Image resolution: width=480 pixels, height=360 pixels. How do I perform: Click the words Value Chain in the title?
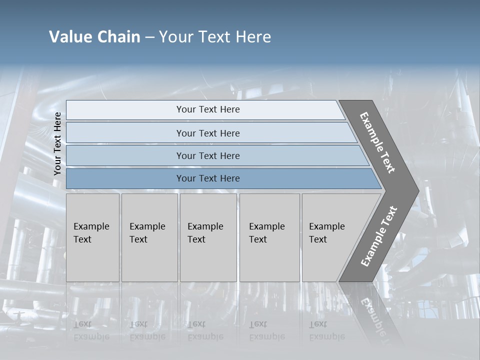tap(94, 37)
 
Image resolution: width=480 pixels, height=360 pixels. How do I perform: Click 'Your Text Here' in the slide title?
tap(215, 37)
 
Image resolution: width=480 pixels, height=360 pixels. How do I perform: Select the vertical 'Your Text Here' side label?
tap(57, 143)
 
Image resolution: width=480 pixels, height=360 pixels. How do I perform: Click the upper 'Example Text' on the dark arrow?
tap(377, 142)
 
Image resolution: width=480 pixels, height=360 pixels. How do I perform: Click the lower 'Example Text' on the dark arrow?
tap(379, 236)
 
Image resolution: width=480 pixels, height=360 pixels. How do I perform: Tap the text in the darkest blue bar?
tap(208, 178)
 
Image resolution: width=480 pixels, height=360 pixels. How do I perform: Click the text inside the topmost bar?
tap(208, 109)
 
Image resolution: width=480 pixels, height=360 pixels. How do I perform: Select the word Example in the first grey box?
tap(91, 226)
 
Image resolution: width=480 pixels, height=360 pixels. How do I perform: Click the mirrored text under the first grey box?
tap(91, 330)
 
